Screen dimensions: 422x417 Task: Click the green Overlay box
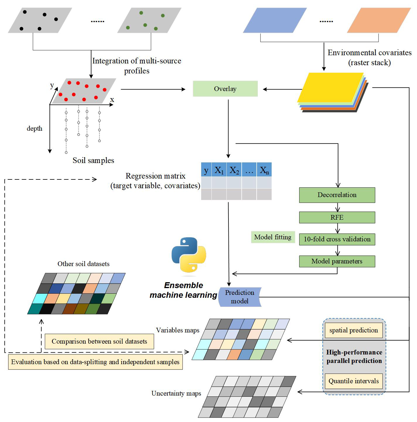click(225, 89)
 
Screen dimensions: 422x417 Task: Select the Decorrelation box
click(337, 195)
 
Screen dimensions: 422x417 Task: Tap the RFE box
click(337, 218)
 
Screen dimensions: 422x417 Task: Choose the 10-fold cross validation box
click(337, 239)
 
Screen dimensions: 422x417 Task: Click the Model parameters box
click(337, 261)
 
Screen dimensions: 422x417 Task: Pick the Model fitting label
click(273, 237)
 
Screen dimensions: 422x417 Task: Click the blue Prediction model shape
click(240, 297)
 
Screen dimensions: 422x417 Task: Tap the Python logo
click(189, 255)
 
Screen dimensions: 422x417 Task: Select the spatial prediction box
click(354, 330)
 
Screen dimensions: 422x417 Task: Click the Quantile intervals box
click(354, 381)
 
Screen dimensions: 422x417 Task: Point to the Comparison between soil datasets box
click(99, 342)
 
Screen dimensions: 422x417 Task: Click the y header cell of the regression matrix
click(206, 170)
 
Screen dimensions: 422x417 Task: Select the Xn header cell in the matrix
click(264, 170)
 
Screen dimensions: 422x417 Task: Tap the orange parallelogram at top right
click(379, 20)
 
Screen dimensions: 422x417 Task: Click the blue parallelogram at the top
click(275, 20)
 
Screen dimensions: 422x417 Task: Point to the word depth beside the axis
click(34, 129)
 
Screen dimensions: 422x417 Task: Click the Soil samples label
click(93, 160)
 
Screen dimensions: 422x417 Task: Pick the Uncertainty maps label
click(176, 394)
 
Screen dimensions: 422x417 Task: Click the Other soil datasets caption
click(83, 264)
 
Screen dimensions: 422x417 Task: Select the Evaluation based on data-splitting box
click(95, 362)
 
